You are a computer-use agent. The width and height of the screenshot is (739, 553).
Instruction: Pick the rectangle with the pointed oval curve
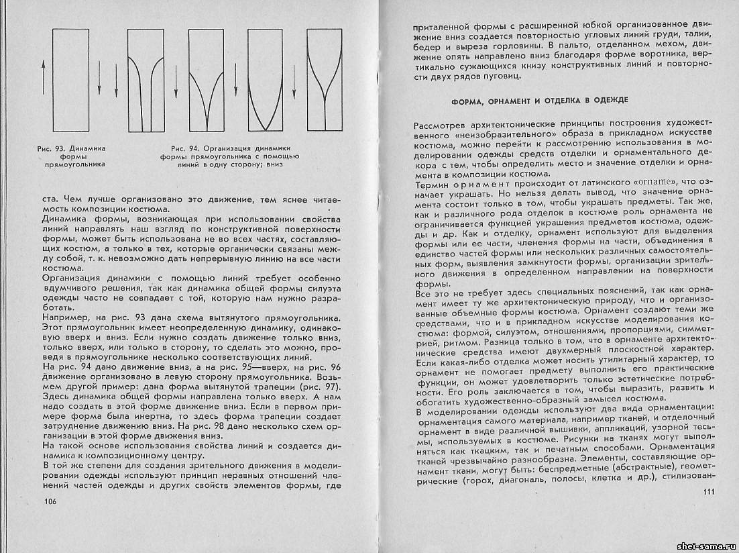(264, 80)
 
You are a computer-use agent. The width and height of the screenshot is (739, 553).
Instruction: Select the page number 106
(52, 502)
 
